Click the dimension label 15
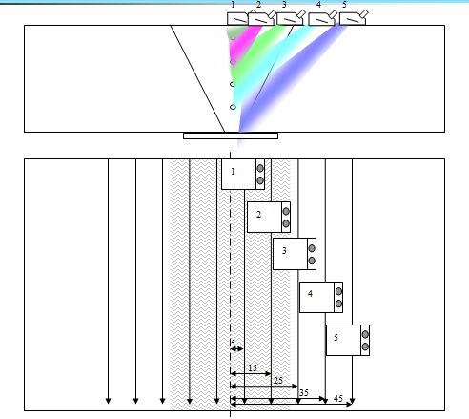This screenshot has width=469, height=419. [x=253, y=367]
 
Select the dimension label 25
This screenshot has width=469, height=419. [x=278, y=380]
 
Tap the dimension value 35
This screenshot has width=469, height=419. [x=304, y=392]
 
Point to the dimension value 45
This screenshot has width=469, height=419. [x=338, y=398]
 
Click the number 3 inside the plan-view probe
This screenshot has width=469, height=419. [x=284, y=251]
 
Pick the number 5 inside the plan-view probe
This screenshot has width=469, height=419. [x=336, y=338]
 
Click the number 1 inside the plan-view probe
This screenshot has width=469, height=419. [x=233, y=172]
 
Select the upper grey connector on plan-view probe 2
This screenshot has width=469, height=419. [x=286, y=211]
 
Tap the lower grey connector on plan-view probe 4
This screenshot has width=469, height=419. [x=338, y=304]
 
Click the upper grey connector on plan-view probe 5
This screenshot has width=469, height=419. [x=365, y=334]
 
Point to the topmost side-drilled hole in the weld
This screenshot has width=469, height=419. [x=233, y=38]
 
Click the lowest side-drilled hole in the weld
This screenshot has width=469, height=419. [x=233, y=107]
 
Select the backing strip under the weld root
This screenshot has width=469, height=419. [x=231, y=136]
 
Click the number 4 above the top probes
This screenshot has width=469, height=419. [x=318, y=5]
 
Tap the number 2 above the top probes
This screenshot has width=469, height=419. [x=258, y=5]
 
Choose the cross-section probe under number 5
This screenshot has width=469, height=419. [x=354, y=18]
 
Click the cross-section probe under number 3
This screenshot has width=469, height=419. [x=291, y=18]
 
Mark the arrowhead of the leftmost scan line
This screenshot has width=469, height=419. [x=109, y=401]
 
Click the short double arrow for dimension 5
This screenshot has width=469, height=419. [x=236, y=349]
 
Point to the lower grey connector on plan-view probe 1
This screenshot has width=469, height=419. [x=260, y=180]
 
